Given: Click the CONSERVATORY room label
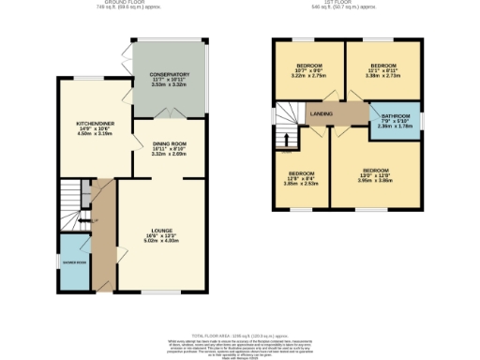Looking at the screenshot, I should (x=169, y=74).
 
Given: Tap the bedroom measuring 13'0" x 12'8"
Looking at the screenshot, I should (x=375, y=171).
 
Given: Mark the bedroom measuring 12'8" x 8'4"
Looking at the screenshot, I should (x=302, y=174).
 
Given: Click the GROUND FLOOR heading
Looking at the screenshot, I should (x=156, y=4).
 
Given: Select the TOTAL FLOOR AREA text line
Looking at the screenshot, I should (x=240, y=334).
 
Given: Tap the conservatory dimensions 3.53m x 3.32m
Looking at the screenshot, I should (x=169, y=85).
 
